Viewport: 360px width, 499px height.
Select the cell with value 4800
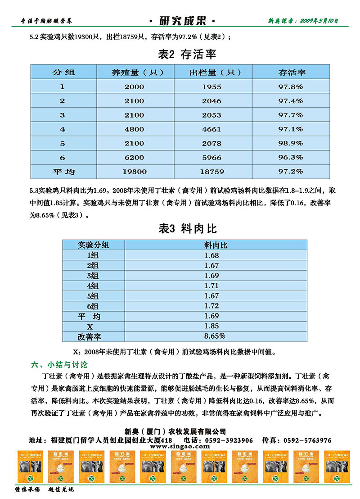pos(135,129)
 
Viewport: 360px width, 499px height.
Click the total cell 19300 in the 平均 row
pos(135,172)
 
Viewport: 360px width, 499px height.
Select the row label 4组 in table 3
pos(93,286)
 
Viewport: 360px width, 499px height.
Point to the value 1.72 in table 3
pos(211,306)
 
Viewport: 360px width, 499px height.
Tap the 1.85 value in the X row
pos(211,326)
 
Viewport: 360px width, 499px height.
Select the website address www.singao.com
pos(180,447)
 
